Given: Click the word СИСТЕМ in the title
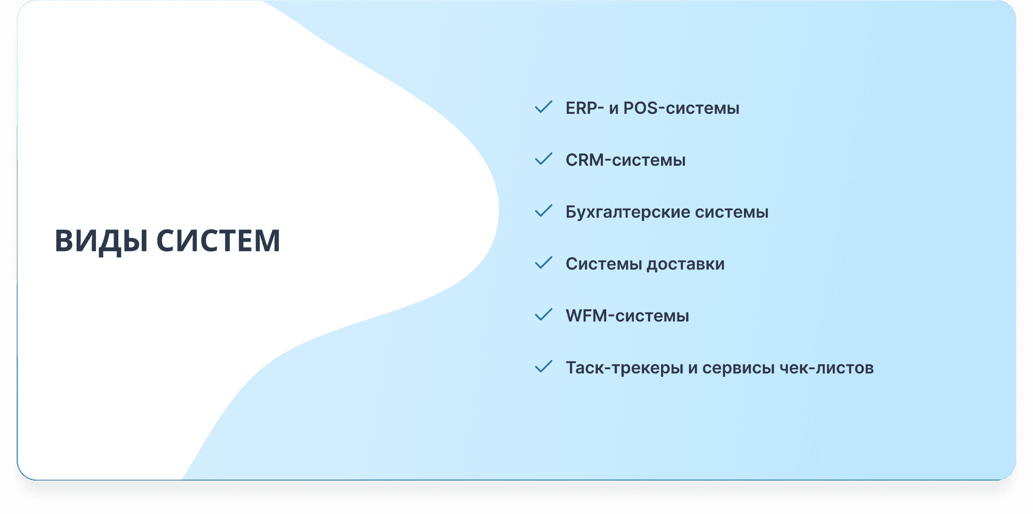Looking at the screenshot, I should point(218,240).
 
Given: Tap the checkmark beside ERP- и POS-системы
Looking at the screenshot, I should point(543,107).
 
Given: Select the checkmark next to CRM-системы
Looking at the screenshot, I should point(543,159).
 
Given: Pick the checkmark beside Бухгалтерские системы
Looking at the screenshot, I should point(543,211).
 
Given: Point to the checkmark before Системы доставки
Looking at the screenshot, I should point(543,263).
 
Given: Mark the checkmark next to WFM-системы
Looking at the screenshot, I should point(543,315).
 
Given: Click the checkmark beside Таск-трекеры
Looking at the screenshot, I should point(543,367).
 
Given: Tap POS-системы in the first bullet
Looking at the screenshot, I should point(681,108).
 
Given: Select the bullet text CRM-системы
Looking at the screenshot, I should point(625,160).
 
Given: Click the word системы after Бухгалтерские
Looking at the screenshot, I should point(732,212).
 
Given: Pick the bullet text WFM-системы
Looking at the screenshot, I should point(627,316).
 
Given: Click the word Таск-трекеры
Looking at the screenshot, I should point(624,368).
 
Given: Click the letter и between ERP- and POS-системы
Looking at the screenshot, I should point(613,109).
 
